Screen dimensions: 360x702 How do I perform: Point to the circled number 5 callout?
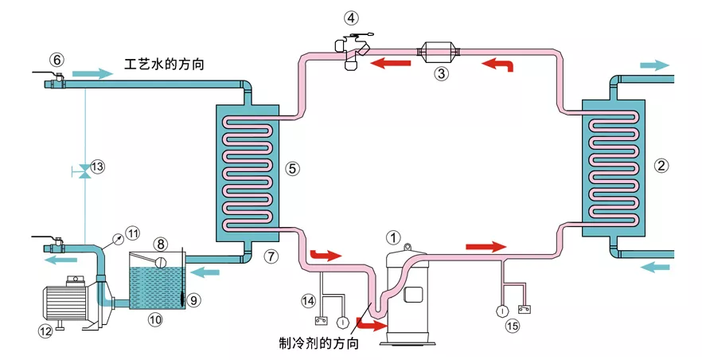coord(293,168)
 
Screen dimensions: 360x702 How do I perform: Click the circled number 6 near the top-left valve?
coord(56,59)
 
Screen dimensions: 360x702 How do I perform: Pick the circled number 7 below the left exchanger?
coord(272,256)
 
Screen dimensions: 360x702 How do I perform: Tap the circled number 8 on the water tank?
coord(160,243)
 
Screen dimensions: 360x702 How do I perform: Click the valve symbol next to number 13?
coord(84,169)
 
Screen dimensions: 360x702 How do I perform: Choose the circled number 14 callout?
coord(310,300)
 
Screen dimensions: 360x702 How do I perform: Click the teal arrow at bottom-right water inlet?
coord(655,267)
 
